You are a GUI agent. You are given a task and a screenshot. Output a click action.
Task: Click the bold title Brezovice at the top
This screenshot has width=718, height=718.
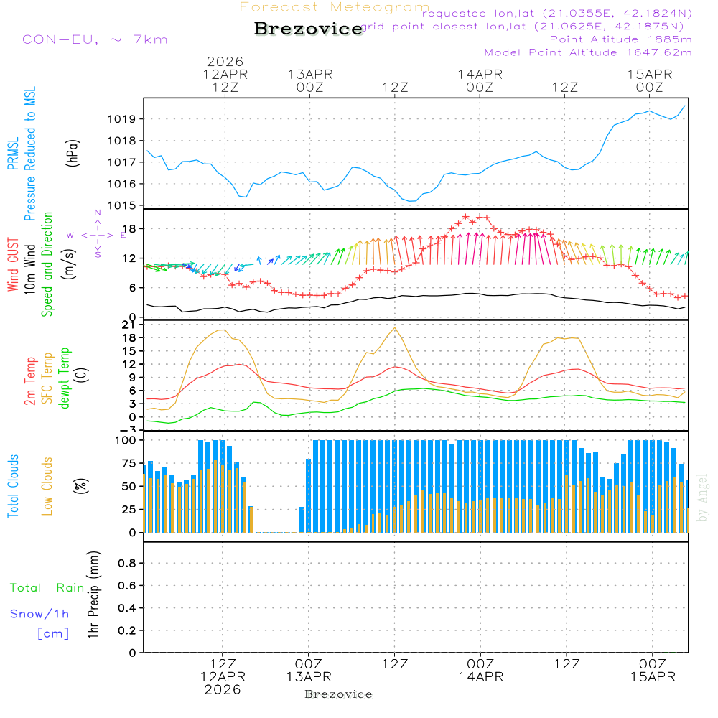308,29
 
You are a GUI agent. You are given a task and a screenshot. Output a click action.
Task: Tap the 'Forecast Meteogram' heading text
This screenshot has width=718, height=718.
335,7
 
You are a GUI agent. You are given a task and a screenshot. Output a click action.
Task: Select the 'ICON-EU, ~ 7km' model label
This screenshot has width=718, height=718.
92,39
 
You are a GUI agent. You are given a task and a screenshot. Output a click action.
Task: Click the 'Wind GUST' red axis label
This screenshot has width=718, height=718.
13,266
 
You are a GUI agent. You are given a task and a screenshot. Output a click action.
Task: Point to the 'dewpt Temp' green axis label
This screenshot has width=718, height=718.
65,378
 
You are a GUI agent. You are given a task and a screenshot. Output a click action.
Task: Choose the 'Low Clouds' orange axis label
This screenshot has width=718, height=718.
47,486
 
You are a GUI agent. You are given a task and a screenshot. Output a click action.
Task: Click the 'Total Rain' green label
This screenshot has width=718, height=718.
47,588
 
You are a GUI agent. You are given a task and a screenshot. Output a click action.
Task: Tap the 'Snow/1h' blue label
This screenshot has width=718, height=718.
40,615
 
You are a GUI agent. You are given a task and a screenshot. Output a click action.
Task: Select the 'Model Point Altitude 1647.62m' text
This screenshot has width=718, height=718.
588,52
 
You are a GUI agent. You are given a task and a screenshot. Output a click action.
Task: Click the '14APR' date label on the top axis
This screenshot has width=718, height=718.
480,74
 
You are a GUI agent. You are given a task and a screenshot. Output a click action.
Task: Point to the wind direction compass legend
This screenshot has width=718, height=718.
97,235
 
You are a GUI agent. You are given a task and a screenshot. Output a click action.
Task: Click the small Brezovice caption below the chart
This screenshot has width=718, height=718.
338,694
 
